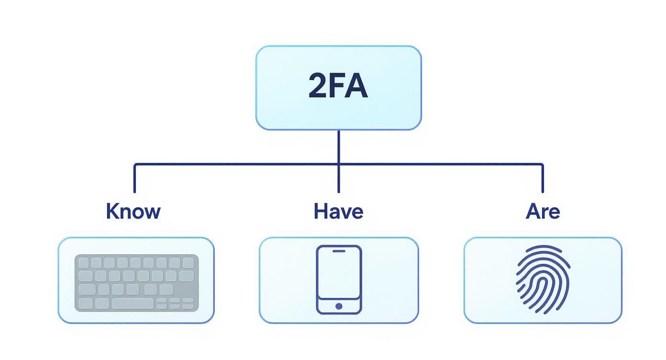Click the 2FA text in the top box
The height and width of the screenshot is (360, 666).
coord(338,87)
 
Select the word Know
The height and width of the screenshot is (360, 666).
coord(133,211)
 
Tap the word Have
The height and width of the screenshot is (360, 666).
coord(338,211)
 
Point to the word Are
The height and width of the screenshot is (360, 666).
coord(543,211)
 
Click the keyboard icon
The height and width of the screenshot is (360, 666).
coord(136,282)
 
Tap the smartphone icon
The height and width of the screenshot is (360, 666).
coord(339,280)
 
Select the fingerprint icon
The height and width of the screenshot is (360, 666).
coord(543,280)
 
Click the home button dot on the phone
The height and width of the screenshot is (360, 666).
coord(339,306)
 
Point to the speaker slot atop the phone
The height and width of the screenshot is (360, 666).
coord(339,250)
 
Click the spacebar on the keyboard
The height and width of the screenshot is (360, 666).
coord(133,303)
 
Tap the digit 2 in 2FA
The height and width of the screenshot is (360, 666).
coord(318,87)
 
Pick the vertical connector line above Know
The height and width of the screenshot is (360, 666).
coord(134,178)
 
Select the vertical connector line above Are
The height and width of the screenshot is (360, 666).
coord(543,178)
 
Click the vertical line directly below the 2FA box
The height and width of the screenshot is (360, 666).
coord(339,146)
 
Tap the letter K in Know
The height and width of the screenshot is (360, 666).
coord(112,211)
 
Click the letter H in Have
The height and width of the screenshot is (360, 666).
coord(320,211)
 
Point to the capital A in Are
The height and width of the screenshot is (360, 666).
coord(533,211)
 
